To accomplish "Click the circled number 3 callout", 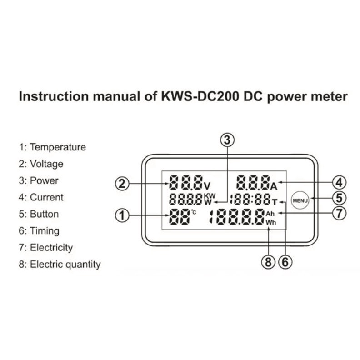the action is pos(227,140).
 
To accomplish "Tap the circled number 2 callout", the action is pos(122,184).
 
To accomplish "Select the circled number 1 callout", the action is pos(122,215).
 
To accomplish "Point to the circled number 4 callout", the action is pos(340,183).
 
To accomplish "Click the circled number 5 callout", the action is pos(340,198).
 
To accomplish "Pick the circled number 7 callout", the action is pos(340,213).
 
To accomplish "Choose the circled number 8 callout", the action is pos(268,262).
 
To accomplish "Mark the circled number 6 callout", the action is pos(285,262).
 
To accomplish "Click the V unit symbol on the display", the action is pos(207,186).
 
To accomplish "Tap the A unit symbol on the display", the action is pos(274,186).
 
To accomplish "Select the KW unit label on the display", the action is pos(210,196).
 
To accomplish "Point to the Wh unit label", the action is pos(271,222).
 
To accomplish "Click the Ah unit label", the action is pos(270,214).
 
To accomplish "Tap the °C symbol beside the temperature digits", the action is pos(194,212).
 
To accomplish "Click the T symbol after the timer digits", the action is pos(275,202).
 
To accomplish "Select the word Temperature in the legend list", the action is pos(58,147).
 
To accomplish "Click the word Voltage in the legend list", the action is pos(47,164).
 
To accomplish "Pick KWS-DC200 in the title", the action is pos(200,96).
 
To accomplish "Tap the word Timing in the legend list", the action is pos(45,231).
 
